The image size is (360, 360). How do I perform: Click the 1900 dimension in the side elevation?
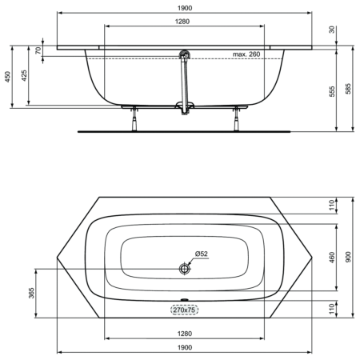tap(185, 7)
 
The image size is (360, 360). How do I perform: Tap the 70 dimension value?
tap(38, 50)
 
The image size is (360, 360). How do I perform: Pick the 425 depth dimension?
tap(26, 76)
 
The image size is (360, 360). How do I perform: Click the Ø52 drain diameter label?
tap(201, 254)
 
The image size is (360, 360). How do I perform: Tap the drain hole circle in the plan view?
tap(186, 270)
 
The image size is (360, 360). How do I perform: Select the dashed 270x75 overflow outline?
tap(185, 310)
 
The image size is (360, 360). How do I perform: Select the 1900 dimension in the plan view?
tap(185, 347)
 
